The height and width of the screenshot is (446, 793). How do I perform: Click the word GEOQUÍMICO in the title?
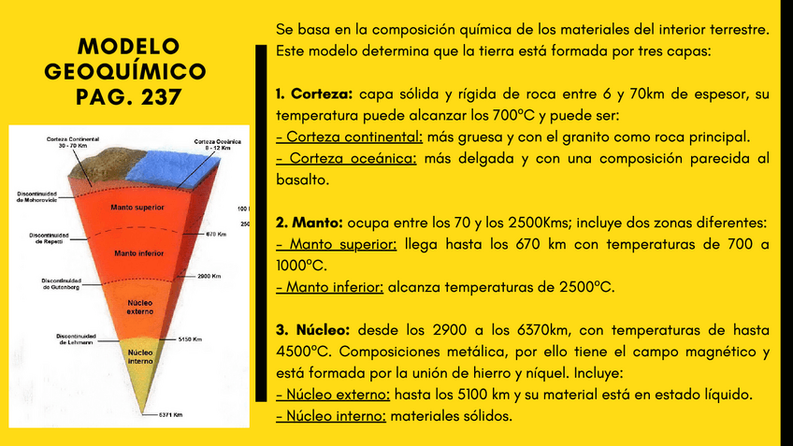coord(125,71)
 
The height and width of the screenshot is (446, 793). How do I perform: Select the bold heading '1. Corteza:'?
coord(313,94)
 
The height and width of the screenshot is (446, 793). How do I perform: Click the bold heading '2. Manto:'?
coord(310,223)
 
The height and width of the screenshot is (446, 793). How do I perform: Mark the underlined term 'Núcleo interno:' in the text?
coord(331,416)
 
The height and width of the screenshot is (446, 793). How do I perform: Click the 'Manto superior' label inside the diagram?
coord(137,208)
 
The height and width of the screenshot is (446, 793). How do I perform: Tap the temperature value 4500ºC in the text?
coord(299,352)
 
